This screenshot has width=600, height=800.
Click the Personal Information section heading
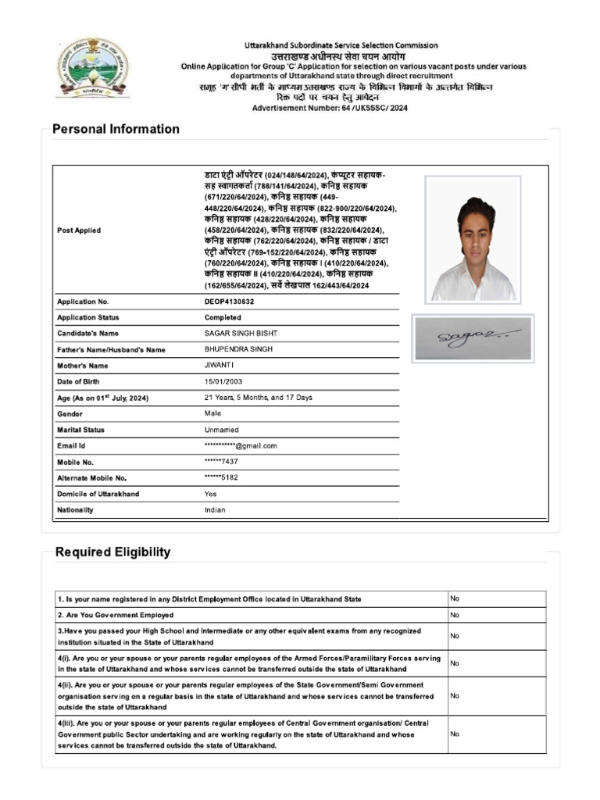[x=116, y=129]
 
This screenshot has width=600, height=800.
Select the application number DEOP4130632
[x=229, y=301]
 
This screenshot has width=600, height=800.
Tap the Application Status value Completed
[x=223, y=317]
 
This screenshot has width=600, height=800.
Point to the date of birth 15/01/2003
[x=223, y=381]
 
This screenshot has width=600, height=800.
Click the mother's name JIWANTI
[x=220, y=365]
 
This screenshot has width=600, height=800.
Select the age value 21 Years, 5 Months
[x=258, y=398]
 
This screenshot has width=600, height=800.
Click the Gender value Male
[x=212, y=413]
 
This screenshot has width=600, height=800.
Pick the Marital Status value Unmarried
[x=221, y=430]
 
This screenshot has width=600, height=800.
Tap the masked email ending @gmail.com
[x=241, y=445]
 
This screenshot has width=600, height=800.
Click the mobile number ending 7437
[x=221, y=462]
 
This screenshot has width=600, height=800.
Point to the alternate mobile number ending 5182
[x=221, y=477]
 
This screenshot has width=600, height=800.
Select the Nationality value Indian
[x=215, y=509]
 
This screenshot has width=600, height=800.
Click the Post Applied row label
[x=79, y=230]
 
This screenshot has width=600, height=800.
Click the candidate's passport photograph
[x=473, y=238]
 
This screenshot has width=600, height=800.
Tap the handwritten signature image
[x=473, y=338]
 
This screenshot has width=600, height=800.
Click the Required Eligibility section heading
[x=112, y=552]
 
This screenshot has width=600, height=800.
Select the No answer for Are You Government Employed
[x=455, y=615]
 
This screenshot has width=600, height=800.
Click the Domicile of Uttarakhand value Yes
[x=211, y=494]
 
